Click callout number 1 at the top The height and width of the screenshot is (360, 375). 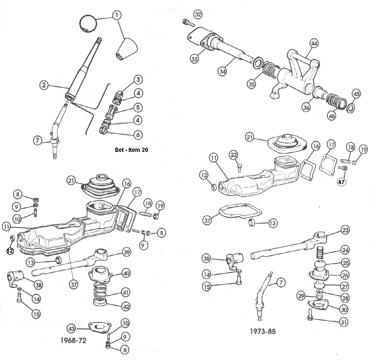click(x=117, y=15)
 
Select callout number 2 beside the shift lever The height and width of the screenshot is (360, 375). click(x=44, y=86)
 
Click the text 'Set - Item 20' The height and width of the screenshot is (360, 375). click(x=131, y=150)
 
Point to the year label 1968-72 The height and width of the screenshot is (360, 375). click(x=74, y=340)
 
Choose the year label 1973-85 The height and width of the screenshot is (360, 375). click(x=263, y=331)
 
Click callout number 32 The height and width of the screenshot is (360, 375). click(x=198, y=14)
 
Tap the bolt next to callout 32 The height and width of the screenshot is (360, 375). click(x=187, y=22)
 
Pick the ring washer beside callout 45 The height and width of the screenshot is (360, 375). click(x=351, y=108)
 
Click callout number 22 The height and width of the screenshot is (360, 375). click(x=234, y=155)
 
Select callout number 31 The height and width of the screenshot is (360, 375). click(x=344, y=322)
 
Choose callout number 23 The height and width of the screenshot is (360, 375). click(x=345, y=230)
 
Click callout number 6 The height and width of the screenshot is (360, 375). click(x=138, y=135)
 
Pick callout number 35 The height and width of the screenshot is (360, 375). click(x=252, y=84)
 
